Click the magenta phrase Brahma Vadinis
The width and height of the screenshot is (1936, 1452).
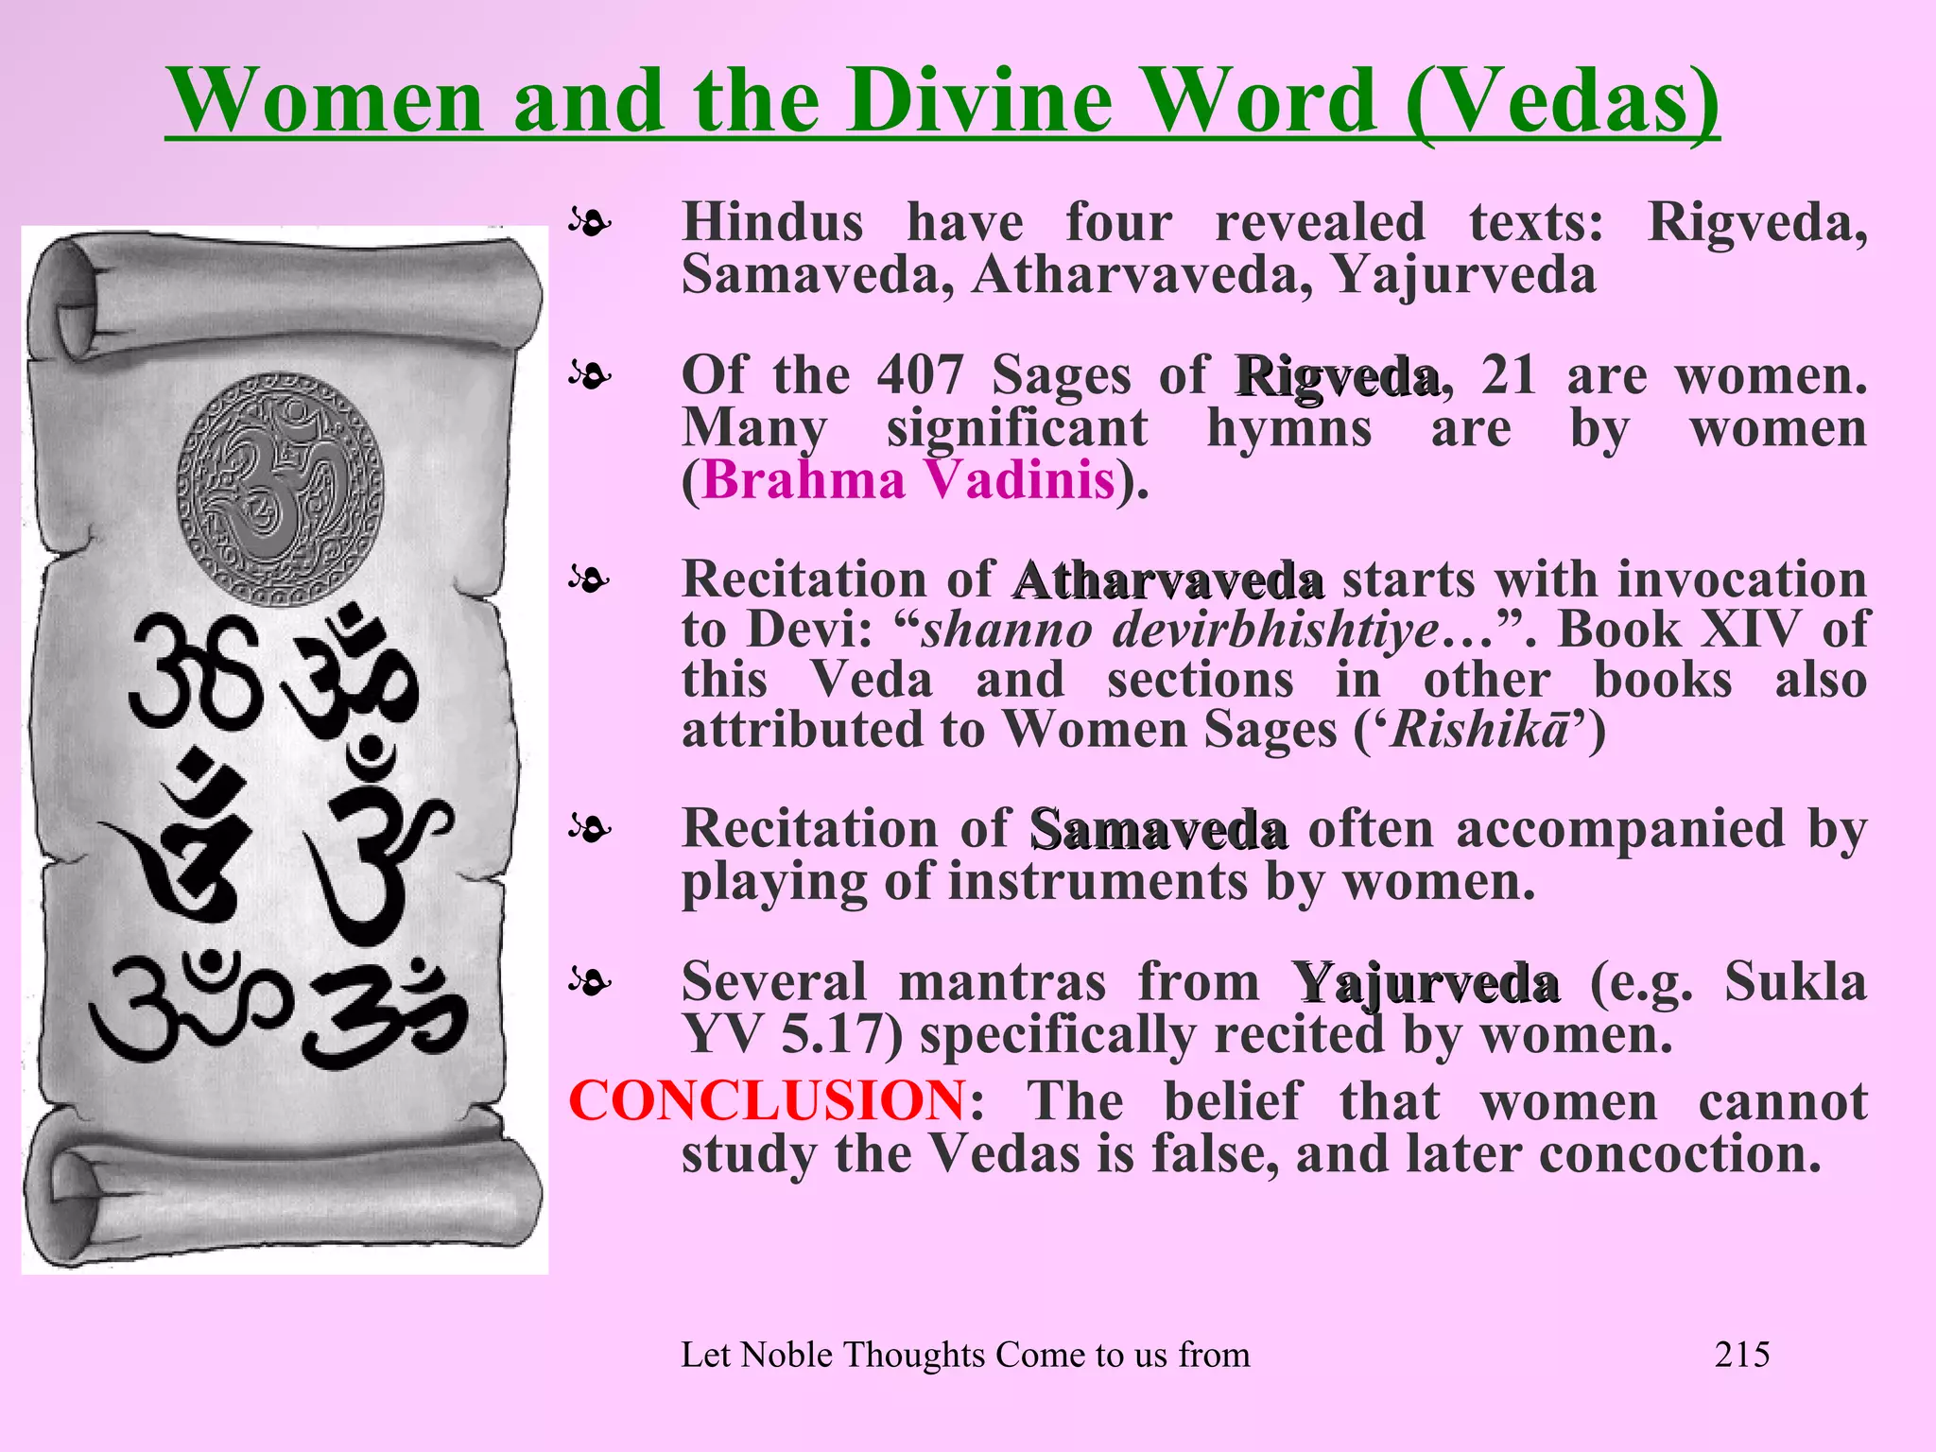tap(908, 479)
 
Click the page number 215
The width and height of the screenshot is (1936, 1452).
tap(1742, 1355)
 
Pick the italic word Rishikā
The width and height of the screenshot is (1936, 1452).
tap(1480, 730)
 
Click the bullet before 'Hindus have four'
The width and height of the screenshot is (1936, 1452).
tap(590, 224)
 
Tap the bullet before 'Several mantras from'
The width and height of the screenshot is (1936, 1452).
tap(590, 983)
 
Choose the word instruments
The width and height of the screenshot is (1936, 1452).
tap(1098, 882)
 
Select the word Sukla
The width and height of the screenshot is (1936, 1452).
tap(1795, 981)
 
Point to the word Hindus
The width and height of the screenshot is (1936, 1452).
tap(773, 223)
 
